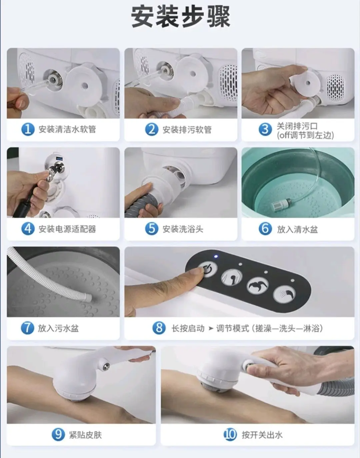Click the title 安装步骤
(x=181, y=17)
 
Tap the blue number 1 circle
(x=28, y=130)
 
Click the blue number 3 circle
(x=265, y=130)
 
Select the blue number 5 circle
(x=152, y=229)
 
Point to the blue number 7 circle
(x=27, y=328)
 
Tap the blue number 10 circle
(x=230, y=435)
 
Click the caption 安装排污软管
(x=187, y=130)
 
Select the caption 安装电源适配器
(x=67, y=229)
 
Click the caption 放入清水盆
(x=297, y=229)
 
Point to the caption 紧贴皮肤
(x=85, y=435)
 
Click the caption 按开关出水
(x=262, y=435)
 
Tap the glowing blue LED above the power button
(x=216, y=256)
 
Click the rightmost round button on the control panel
(x=284, y=293)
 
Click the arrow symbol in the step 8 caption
(x=211, y=328)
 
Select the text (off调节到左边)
(x=305, y=135)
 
